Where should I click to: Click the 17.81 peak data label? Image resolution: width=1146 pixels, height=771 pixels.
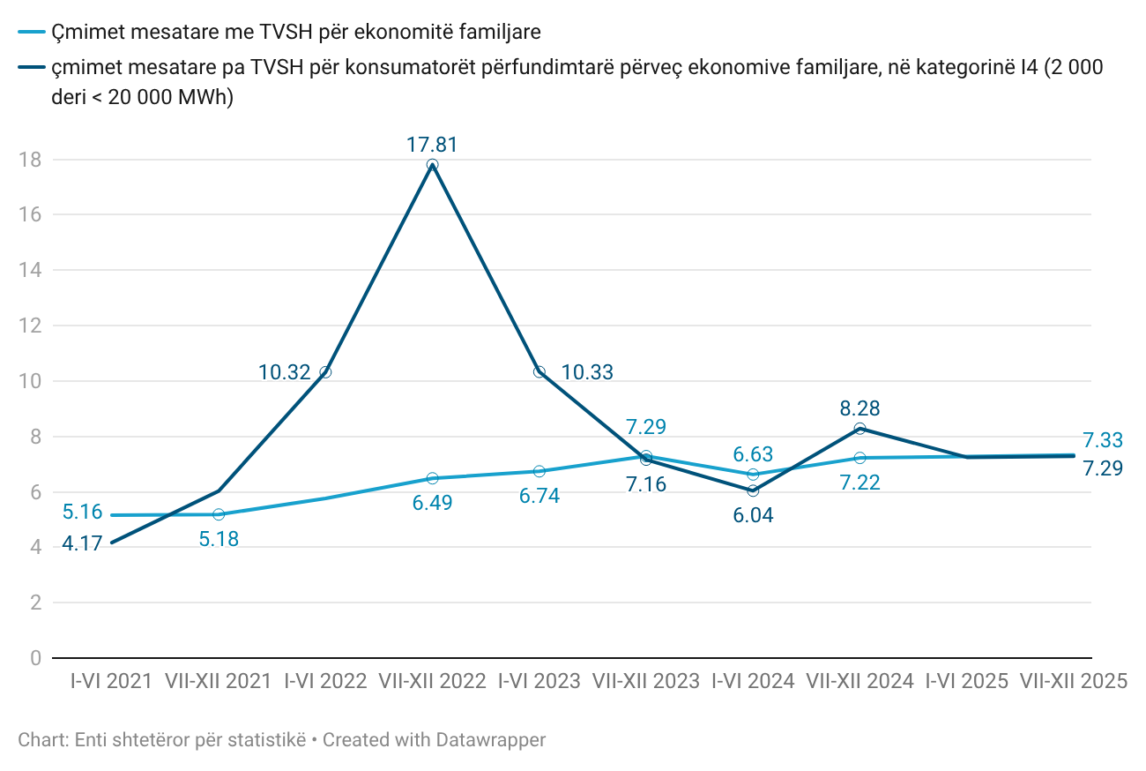coord(432,146)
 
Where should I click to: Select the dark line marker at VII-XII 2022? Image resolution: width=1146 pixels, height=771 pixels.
coord(432,165)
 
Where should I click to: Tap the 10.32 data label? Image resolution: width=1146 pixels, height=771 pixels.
coord(285,372)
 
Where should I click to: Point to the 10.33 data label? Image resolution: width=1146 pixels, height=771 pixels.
coord(587,372)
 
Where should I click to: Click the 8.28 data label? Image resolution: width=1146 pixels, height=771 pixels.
coord(860,408)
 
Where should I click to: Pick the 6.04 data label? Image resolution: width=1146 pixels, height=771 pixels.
coord(753,515)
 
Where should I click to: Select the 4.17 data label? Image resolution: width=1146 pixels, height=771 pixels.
coord(82,545)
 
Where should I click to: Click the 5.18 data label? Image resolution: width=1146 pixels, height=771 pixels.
coord(219,539)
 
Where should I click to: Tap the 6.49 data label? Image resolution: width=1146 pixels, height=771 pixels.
coord(432,503)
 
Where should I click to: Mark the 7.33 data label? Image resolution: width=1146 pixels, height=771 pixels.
coord(1103,440)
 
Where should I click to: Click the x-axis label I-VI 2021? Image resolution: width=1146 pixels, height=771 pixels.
coord(111,681)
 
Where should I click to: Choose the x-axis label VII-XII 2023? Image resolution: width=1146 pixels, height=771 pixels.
coord(646,681)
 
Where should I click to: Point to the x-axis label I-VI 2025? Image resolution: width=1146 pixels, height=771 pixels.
coord(967,681)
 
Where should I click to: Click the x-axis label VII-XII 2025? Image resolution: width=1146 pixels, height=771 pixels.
coord(1074,681)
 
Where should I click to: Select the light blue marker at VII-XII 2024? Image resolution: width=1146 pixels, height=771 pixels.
coord(860,458)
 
